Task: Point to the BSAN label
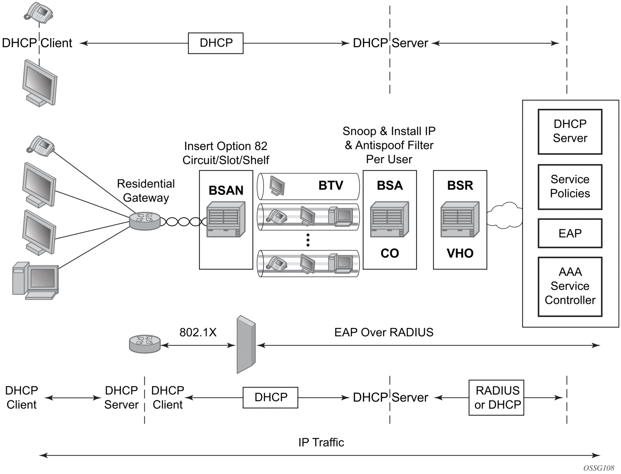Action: point(226,191)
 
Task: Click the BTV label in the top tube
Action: point(331,186)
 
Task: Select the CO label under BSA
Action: point(390,253)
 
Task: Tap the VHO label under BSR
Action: point(460,253)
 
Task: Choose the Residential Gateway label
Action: point(146,191)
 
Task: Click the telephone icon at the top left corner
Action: point(38,11)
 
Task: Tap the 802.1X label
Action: point(198,332)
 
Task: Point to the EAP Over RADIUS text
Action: point(384,332)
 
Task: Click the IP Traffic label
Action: point(321,442)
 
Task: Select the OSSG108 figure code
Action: point(599,468)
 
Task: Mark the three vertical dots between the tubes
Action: point(308,240)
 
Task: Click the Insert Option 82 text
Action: point(226,146)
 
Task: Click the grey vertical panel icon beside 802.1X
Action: point(246,344)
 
